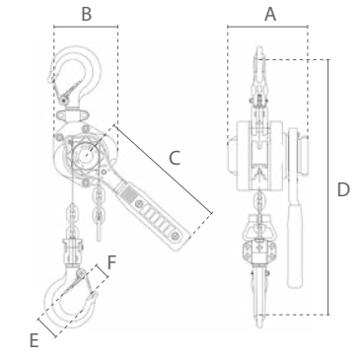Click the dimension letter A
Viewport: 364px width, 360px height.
coord(270,15)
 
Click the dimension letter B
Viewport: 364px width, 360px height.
coord(87,15)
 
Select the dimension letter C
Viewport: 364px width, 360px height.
coord(175,158)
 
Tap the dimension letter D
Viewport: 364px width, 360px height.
coord(343,189)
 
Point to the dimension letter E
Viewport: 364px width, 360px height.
coord(35,340)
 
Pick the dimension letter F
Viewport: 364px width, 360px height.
coord(111,262)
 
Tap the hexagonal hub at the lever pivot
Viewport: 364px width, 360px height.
coord(85,155)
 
